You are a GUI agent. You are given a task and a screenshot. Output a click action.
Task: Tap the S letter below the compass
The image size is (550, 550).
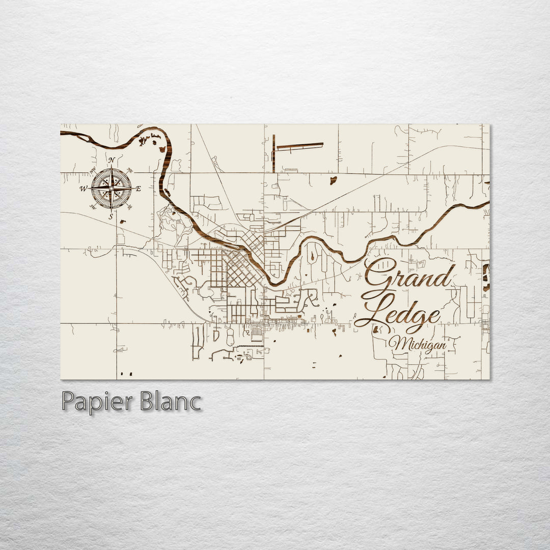click(x=111, y=216)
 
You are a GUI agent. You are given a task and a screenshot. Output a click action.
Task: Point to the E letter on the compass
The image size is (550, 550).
click(x=138, y=189)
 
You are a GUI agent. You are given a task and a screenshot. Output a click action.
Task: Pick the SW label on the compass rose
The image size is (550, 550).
click(x=93, y=207)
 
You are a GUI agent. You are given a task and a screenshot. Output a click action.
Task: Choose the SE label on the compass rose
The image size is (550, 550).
click(x=129, y=207)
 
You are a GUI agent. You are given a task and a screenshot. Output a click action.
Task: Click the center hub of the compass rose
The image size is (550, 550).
click(x=111, y=188)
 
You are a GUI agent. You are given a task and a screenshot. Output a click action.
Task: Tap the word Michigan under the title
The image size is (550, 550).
click(x=418, y=345)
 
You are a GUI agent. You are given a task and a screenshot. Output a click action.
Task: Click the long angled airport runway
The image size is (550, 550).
click(x=299, y=147)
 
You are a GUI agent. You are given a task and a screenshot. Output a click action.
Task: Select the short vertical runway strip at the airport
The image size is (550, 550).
click(x=273, y=153)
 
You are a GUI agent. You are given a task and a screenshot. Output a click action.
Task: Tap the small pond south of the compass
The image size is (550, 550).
click(x=123, y=222)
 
